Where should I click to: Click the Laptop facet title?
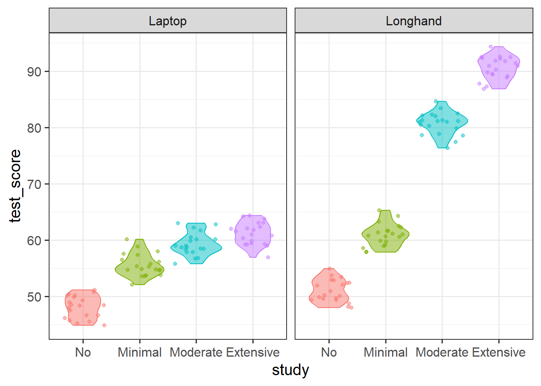pyautogui.click(x=167, y=21)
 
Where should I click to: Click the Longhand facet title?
pyautogui.click(x=413, y=21)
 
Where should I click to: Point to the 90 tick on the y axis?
pyautogui.click(x=35, y=72)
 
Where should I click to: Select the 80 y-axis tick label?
pyautogui.click(x=35, y=128)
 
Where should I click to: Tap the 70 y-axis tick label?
pyautogui.click(x=35, y=185)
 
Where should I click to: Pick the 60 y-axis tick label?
pyautogui.click(x=35, y=241)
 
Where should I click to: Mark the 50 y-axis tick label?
pyautogui.click(x=35, y=297)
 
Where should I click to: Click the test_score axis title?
pyautogui.click(x=15, y=186)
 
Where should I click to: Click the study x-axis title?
pyautogui.click(x=290, y=370)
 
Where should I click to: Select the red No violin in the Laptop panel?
pyautogui.click(x=83, y=308)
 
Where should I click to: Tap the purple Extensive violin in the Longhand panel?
pyautogui.click(x=499, y=66)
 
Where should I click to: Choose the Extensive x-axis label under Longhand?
pyautogui.click(x=499, y=353)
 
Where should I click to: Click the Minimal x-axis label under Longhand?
pyautogui.click(x=386, y=353)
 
